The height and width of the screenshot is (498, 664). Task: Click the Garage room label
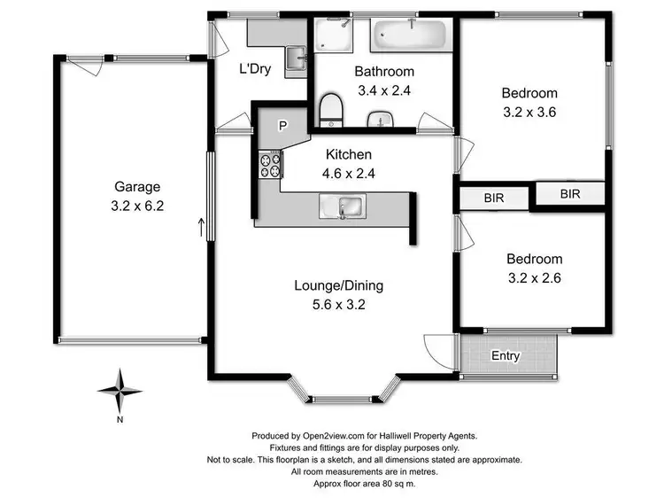[137, 186]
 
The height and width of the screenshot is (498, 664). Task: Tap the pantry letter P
[282, 126]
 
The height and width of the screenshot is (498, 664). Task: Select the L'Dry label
[255, 69]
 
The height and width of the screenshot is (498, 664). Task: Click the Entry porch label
[506, 356]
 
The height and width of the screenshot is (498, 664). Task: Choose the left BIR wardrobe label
[494, 198]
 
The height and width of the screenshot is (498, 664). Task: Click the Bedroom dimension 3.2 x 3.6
[529, 112]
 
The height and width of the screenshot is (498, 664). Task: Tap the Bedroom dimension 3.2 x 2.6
[534, 276]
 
